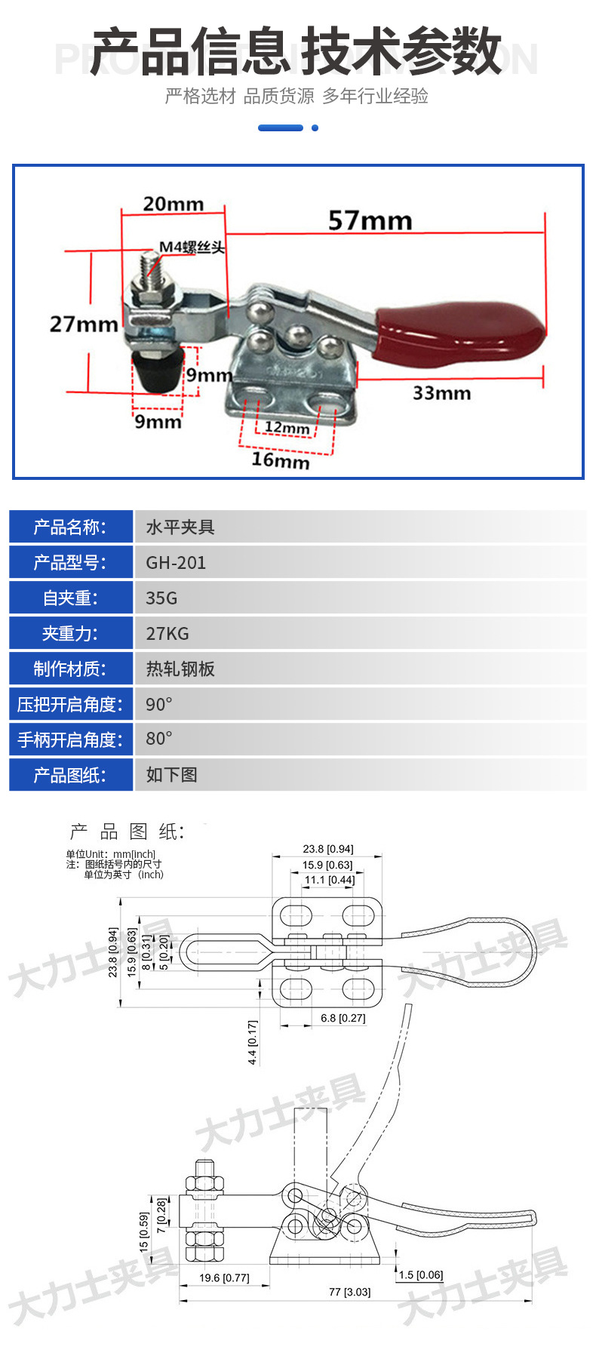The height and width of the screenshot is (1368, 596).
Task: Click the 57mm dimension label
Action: [x=370, y=220]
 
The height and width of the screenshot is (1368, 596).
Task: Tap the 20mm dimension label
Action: [x=174, y=204]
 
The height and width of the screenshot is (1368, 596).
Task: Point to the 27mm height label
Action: [x=83, y=324]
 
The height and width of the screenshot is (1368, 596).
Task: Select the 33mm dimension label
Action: [x=441, y=393]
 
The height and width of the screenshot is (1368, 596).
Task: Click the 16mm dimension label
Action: [x=280, y=460]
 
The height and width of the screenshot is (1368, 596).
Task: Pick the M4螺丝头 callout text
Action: [x=192, y=247]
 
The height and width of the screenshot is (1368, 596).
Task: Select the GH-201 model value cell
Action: [x=176, y=563]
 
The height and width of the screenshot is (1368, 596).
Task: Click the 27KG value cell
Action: [x=167, y=634]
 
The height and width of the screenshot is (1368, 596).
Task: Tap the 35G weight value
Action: [x=161, y=598]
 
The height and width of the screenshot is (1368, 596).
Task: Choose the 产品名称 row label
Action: [x=70, y=527]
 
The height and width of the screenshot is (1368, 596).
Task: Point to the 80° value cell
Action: [x=159, y=739]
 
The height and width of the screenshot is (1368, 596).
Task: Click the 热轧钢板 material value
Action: [x=180, y=669]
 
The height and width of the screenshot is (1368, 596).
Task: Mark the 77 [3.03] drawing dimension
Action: [x=349, y=1292]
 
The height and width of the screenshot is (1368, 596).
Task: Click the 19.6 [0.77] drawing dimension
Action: [x=224, y=1277]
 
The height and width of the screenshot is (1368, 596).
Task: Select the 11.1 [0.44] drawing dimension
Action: [x=330, y=880]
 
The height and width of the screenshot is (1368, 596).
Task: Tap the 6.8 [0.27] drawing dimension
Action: [x=343, y=1018]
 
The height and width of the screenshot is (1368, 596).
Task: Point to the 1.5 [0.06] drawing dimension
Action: [x=421, y=1275]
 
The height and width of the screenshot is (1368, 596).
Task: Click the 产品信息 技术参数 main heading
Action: [x=296, y=51]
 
